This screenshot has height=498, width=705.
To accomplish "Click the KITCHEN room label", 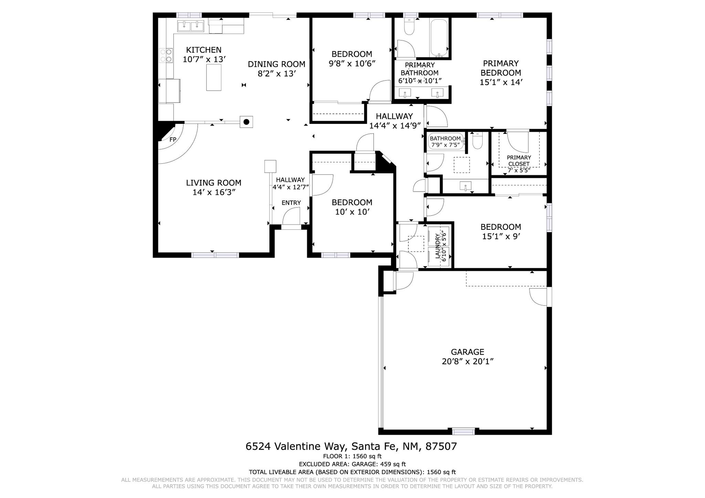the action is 204,50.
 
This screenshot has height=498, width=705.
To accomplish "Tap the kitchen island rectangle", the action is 214,77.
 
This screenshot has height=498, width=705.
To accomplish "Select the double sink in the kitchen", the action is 191,26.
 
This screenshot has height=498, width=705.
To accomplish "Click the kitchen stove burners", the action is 166,55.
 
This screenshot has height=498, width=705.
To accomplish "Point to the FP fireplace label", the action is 173,140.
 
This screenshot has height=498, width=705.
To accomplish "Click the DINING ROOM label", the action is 276,64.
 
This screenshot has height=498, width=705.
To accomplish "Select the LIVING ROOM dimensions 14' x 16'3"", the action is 214,192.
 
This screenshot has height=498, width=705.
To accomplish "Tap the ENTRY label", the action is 291,203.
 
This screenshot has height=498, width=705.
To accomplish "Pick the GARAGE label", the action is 467,352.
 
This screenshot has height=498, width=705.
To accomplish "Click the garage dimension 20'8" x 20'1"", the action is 467,361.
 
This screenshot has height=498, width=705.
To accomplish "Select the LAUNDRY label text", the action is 438,246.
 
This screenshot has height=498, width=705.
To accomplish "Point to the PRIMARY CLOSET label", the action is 519,161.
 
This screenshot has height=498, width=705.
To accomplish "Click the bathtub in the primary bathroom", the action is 439,37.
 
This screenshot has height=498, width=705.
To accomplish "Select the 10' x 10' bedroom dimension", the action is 352,212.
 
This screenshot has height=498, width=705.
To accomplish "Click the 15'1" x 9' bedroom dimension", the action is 501,237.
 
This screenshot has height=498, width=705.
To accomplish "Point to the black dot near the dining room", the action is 246,122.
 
